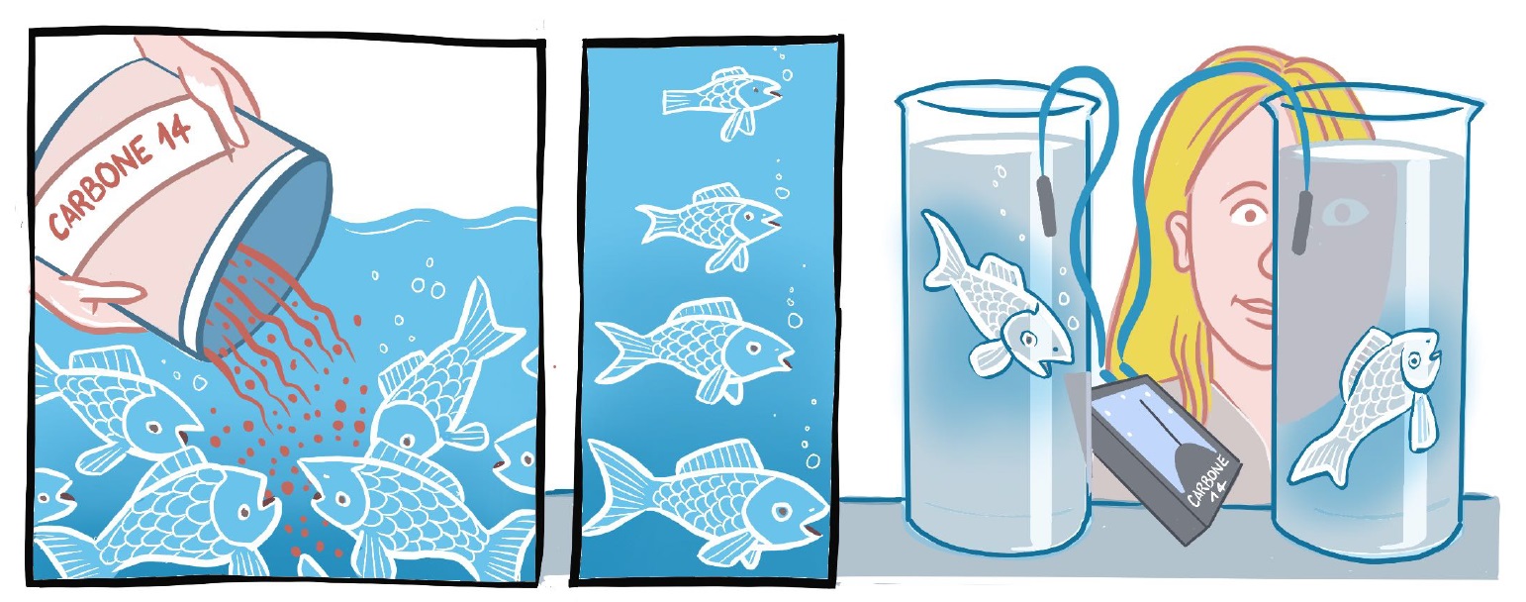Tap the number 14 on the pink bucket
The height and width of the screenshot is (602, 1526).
click(x=174, y=130)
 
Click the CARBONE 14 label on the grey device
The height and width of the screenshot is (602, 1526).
click(x=1209, y=484)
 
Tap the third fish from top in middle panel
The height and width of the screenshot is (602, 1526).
click(x=695, y=347)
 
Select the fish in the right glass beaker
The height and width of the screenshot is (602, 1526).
click(x=1370, y=402)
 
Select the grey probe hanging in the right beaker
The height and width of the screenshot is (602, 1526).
click(x=1302, y=221)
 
